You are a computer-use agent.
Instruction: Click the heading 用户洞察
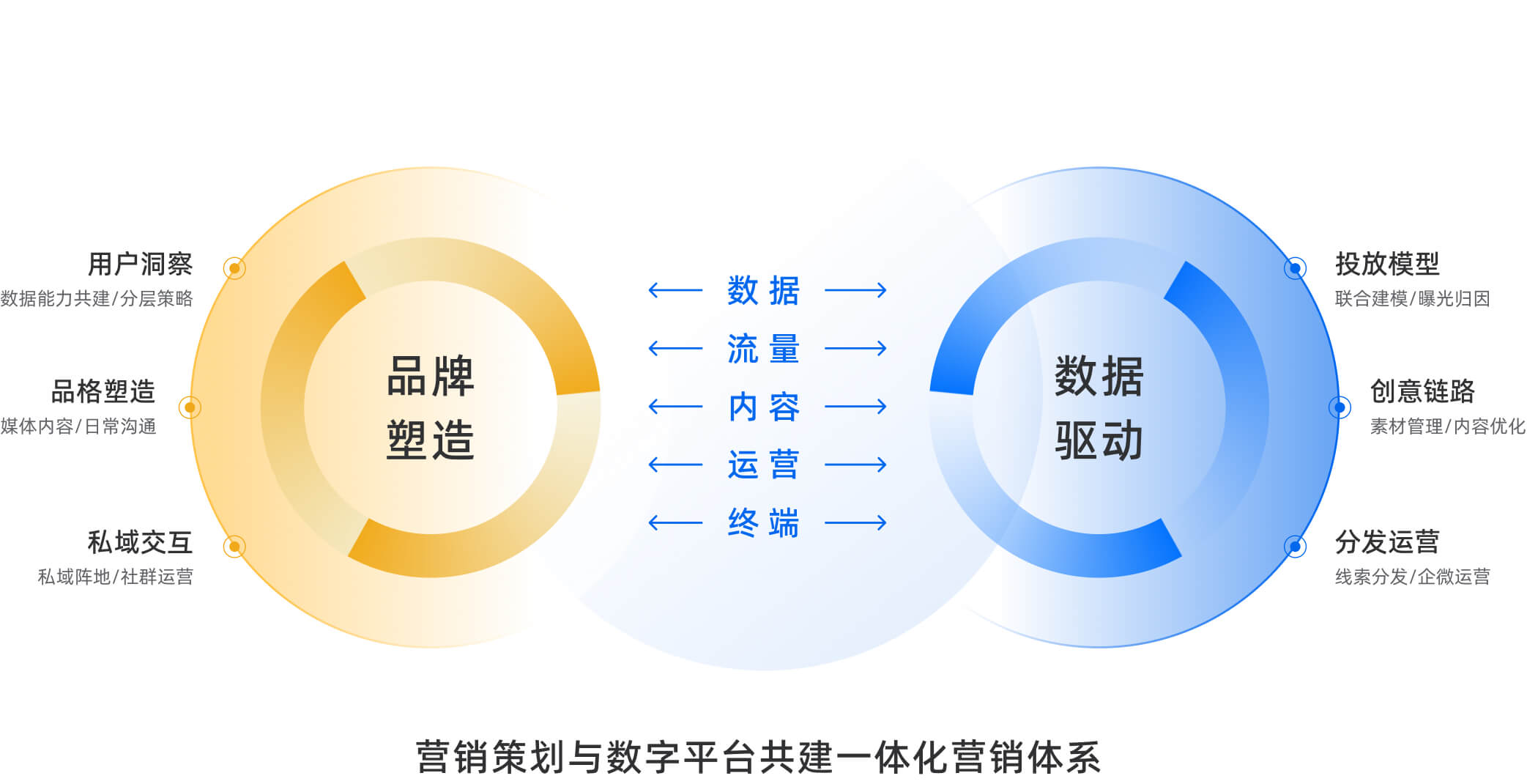click(x=140, y=264)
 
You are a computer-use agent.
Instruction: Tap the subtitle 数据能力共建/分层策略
click(x=97, y=299)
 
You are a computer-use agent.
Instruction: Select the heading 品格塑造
click(x=103, y=391)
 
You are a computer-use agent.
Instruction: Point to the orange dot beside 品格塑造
click(x=190, y=407)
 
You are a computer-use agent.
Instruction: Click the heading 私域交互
click(x=140, y=542)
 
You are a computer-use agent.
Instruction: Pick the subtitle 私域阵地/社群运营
click(x=116, y=577)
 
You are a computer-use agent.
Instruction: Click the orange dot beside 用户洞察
click(x=234, y=268)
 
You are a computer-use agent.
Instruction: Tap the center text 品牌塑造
click(x=431, y=407)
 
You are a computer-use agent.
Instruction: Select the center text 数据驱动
click(x=1099, y=407)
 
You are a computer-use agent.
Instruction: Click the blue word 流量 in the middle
click(x=763, y=349)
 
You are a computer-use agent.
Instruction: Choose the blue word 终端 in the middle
click(x=763, y=523)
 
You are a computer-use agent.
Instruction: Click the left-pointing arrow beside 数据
click(x=675, y=291)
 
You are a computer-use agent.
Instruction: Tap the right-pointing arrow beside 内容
click(x=855, y=407)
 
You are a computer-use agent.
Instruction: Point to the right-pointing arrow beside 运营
click(x=855, y=465)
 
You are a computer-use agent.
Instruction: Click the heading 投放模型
click(x=1387, y=264)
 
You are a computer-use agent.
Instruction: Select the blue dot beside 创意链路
click(x=1340, y=407)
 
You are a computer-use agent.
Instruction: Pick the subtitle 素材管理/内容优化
click(x=1447, y=426)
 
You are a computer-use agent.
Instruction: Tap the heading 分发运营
click(x=1387, y=542)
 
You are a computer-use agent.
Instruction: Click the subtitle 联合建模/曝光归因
click(x=1412, y=299)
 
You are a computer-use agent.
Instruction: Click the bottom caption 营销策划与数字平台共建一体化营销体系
click(x=759, y=758)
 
